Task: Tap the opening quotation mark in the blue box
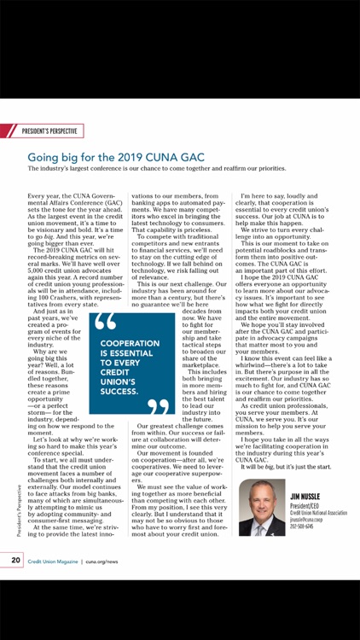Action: (106, 323)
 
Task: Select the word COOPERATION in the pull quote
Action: (130, 343)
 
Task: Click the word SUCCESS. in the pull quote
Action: (119, 392)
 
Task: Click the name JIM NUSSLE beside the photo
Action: (305, 495)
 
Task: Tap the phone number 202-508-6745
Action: (301, 526)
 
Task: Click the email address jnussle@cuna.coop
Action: (305, 519)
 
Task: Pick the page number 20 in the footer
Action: (16, 560)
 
